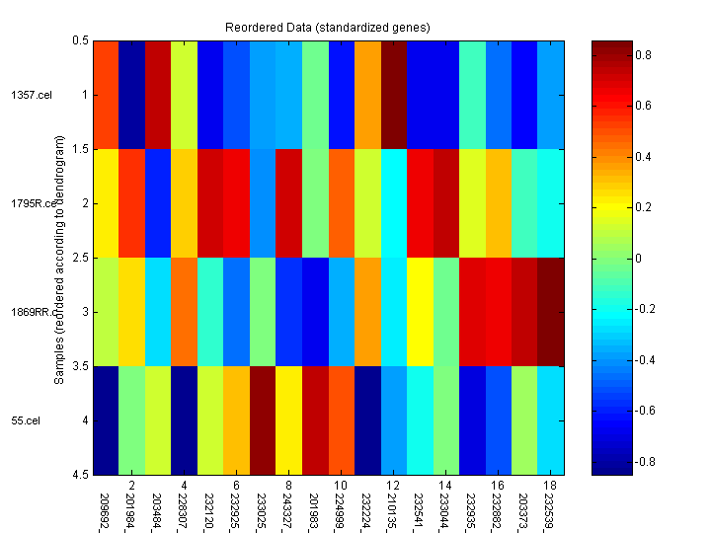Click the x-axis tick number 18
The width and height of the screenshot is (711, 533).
[548, 486]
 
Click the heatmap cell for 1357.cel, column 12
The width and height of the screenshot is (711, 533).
[393, 95]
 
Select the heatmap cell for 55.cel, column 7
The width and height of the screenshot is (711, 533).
[262, 420]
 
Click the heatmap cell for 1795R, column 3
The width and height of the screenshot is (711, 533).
[157, 203]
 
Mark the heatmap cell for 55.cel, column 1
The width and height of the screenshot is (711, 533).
[105, 420]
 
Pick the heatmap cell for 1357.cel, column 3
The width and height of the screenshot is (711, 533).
[157, 95]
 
